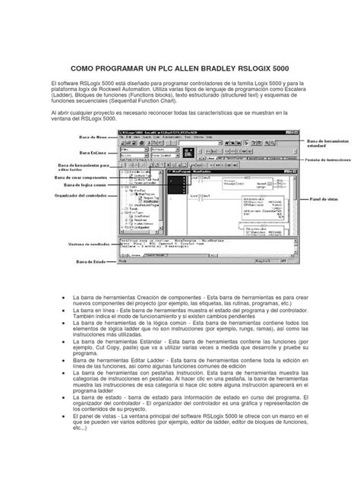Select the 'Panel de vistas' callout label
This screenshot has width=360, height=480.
(x=322, y=198)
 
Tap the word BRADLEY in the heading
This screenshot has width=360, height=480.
(x=206, y=67)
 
